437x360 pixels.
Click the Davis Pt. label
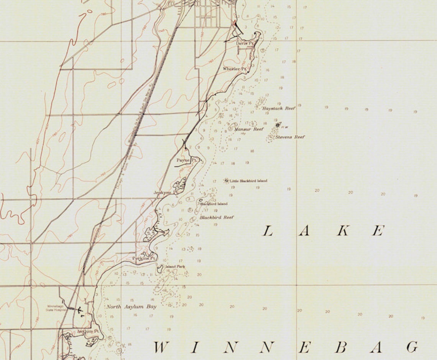coord(245,43)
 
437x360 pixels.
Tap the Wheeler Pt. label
coord(234,69)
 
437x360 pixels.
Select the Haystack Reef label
coord(279,109)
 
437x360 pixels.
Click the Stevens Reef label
coord(290,137)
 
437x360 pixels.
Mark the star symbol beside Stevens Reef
coord(278,125)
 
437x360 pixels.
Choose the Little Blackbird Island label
coord(248,181)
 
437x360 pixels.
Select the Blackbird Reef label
coord(217,218)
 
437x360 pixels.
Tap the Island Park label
coord(175,267)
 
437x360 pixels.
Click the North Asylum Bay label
coord(131,307)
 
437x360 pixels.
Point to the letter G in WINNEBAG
coord(412,347)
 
